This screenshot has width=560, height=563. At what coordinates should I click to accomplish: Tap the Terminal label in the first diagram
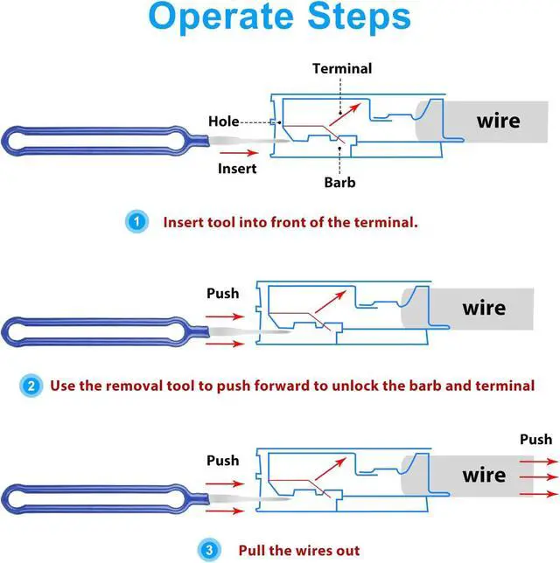[x=341, y=68]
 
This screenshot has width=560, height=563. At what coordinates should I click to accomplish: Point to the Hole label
[x=224, y=122]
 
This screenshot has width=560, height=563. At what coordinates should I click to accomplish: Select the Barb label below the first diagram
[x=339, y=183]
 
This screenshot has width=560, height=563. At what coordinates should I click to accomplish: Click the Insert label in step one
[x=237, y=168]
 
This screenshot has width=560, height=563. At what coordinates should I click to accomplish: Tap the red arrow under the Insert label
[x=237, y=151]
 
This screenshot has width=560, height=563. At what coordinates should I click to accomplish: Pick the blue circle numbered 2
[x=31, y=385]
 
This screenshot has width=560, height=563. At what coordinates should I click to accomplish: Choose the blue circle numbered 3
[x=210, y=550]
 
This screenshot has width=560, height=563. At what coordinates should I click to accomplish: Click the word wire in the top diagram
[x=498, y=121]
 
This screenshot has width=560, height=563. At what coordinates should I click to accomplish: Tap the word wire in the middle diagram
[x=484, y=308]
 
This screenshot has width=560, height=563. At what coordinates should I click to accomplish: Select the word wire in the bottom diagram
[x=484, y=475]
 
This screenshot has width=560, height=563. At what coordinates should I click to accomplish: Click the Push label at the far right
[x=535, y=439]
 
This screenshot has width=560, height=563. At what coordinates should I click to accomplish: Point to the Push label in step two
[x=222, y=293]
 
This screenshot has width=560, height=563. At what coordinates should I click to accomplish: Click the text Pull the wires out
[x=298, y=550]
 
